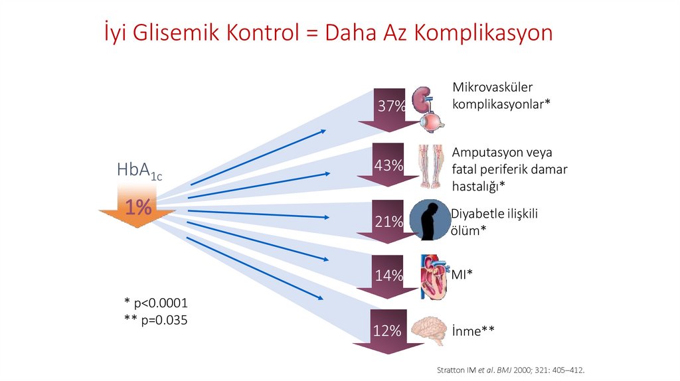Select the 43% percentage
point(389,166)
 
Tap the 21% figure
point(389,222)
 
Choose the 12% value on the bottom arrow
point(386,331)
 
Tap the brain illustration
point(428,330)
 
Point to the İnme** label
point(473,331)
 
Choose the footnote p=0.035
point(155,320)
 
